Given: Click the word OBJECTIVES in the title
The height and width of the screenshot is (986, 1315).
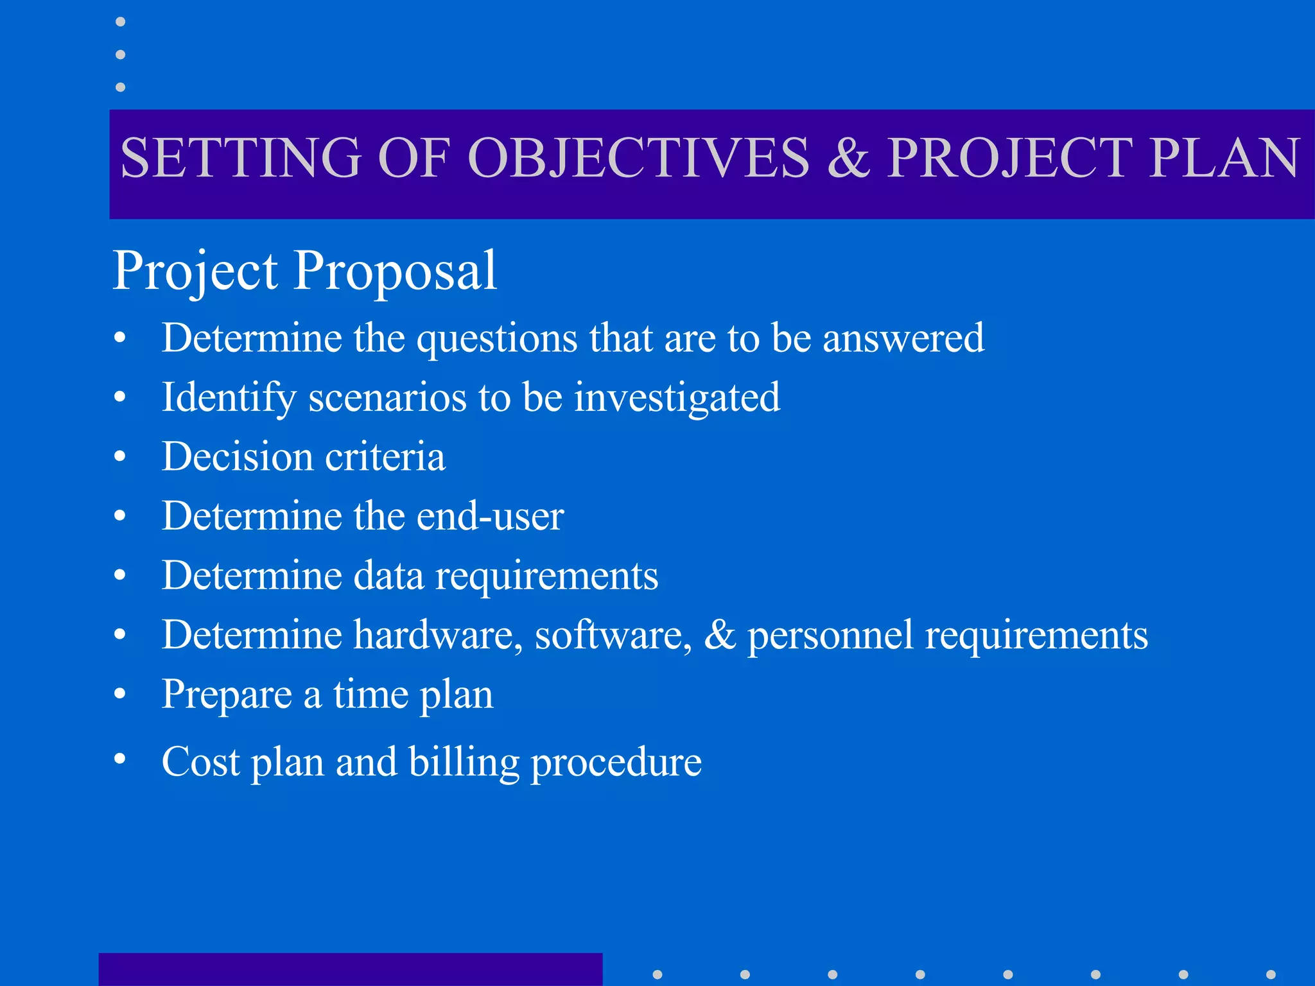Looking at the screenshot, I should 639,158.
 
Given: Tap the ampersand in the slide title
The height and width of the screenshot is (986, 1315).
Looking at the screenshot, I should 848,158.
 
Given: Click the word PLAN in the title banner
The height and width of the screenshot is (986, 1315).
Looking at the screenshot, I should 1224,158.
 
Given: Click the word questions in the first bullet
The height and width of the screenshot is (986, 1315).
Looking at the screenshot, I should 497,339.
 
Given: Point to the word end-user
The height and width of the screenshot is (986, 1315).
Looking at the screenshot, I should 490,515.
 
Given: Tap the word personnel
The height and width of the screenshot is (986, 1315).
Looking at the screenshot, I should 830,636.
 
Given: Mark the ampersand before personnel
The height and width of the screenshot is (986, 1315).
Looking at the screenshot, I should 720,634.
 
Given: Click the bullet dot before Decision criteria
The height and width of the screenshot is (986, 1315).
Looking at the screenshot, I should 120,456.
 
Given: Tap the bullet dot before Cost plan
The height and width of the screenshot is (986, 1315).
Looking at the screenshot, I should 120,758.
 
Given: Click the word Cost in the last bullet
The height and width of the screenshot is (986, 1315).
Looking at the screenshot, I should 200,762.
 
